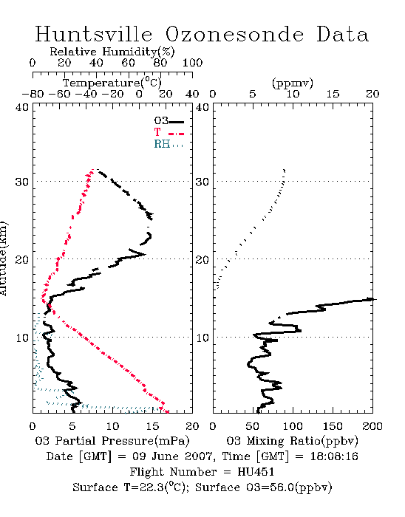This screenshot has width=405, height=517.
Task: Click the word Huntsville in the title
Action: [94, 34]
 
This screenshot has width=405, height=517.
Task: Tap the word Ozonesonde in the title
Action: [234, 34]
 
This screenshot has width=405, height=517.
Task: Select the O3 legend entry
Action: [169, 121]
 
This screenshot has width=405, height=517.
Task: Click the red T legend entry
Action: [169, 132]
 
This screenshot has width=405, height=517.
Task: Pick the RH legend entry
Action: [169, 144]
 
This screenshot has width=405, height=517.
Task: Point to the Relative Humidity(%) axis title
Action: [112, 52]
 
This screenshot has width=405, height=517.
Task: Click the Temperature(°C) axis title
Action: [112, 83]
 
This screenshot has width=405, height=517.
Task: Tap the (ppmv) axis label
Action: [293, 83]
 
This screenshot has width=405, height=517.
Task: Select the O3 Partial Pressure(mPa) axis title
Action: [112, 441]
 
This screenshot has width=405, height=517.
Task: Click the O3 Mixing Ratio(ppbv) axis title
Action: [292, 441]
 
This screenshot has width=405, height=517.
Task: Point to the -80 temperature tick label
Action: [33, 94]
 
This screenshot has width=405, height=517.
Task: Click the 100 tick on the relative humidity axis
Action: [192, 63]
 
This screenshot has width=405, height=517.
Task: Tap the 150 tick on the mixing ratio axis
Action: [333, 426]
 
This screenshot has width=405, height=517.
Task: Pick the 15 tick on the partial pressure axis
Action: [152, 426]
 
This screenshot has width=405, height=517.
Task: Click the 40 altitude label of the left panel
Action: [22, 108]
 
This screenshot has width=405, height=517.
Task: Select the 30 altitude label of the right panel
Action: [202, 182]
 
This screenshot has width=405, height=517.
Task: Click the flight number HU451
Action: [256, 472]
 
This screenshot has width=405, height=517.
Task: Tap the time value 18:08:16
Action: [334, 456]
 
